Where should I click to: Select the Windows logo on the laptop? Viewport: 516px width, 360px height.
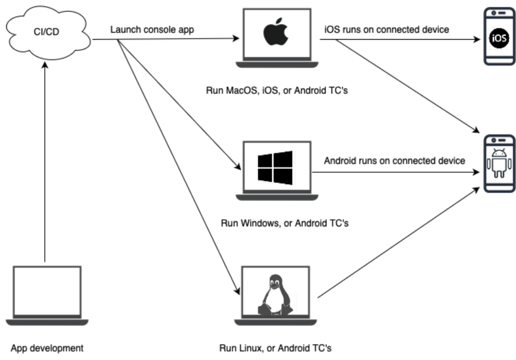click(275, 167)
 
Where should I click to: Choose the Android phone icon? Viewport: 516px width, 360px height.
click(499, 164)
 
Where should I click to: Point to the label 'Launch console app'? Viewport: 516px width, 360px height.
click(152, 30)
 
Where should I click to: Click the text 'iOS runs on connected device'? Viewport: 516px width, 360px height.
click(386, 30)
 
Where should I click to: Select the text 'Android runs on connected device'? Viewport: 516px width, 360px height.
click(395, 161)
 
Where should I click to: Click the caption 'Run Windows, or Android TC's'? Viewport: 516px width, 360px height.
click(285, 222)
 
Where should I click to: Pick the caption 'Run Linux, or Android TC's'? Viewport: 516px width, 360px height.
click(276, 348)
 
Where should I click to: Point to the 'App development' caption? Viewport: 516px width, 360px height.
click(47, 348)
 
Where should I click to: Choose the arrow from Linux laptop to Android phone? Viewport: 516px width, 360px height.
click(398, 242)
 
